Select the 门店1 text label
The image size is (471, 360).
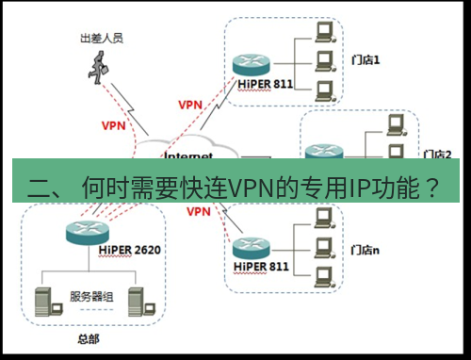(367, 58)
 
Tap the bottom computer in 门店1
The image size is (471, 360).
(325, 91)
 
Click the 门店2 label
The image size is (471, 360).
(435, 154)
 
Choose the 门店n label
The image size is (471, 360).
(368, 250)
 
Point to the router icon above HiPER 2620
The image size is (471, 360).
(84, 231)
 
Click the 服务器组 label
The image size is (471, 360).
(91, 298)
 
